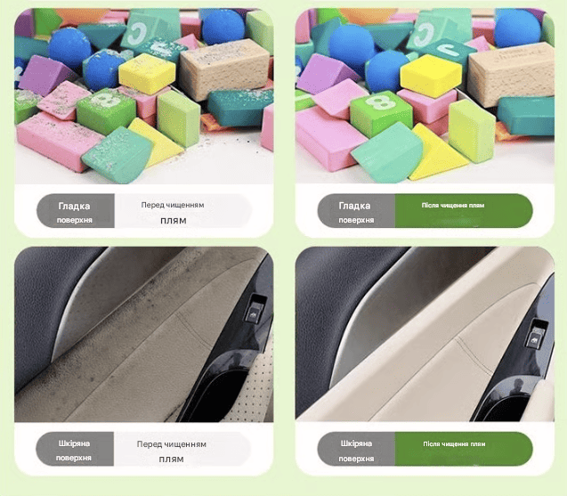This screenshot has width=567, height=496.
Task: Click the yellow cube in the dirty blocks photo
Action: (147, 73)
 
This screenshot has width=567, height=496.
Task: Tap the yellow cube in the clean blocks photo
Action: (431, 76)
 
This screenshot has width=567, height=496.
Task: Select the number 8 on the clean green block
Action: (380, 102)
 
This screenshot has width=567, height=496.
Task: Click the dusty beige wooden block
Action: (225, 69)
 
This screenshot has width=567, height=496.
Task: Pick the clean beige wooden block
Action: (511, 74)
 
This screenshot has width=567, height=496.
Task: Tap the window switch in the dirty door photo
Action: (255, 308)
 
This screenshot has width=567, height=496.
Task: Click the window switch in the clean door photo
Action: (538, 334)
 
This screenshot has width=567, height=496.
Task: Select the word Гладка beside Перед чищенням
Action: (74, 207)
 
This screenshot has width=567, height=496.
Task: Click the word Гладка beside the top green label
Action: (354, 206)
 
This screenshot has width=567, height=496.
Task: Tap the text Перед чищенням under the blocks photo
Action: (173, 205)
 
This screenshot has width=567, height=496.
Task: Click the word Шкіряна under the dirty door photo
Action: (74, 443)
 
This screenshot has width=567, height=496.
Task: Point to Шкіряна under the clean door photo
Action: (356, 443)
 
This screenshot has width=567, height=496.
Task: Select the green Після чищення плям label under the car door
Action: (464, 449)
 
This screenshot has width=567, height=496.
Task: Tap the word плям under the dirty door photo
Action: (172, 459)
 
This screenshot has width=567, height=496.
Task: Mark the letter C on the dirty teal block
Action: (137, 34)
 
